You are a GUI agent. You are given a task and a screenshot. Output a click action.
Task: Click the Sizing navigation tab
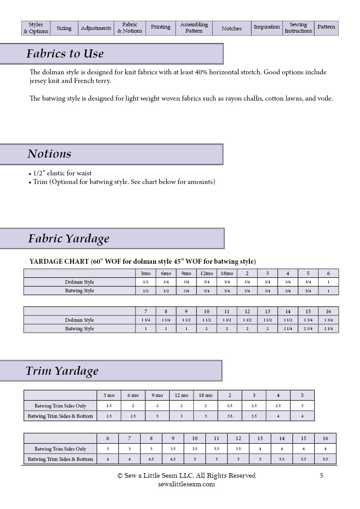click(x=64, y=28)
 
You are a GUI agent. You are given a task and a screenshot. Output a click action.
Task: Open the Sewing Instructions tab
click(x=298, y=28)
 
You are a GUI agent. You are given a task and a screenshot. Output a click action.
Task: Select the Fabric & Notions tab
click(x=130, y=28)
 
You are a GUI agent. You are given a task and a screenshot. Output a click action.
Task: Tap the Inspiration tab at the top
click(x=267, y=27)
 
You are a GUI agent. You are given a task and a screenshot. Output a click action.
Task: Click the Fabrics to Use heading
click(x=65, y=54)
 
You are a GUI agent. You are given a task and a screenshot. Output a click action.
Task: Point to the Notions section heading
click(x=49, y=154)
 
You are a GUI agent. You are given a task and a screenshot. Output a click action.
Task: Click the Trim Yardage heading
click(x=62, y=371)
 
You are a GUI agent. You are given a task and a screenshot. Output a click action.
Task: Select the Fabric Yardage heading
click(x=68, y=239)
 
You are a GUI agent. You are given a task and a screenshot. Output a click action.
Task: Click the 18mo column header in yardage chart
click(x=227, y=273)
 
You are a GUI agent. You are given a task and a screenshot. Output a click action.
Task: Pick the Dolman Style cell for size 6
click(x=328, y=282)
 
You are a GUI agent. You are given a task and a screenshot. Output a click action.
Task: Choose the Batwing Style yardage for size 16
click(x=328, y=329)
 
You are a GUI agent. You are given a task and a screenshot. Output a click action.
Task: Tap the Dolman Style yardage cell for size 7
click(x=146, y=320)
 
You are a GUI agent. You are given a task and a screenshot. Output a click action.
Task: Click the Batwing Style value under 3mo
click(x=146, y=291)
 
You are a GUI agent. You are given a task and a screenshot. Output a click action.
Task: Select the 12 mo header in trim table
click(x=181, y=395)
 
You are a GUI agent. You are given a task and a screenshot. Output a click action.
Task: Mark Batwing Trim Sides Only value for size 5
click(x=302, y=406)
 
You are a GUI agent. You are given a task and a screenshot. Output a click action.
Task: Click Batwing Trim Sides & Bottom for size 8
click(x=151, y=459)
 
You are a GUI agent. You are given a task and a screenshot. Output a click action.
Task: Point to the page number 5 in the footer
click(x=321, y=475)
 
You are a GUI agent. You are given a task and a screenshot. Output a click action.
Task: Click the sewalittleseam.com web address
click(x=186, y=484)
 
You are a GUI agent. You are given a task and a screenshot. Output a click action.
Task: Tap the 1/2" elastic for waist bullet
click(x=62, y=173)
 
